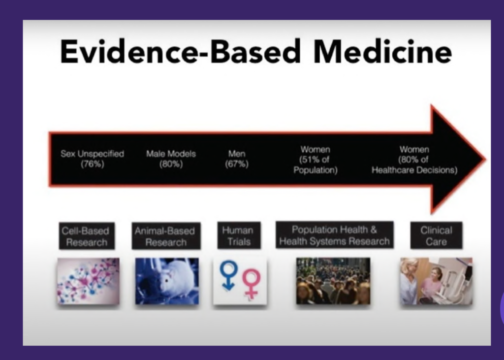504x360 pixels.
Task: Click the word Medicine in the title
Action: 382,52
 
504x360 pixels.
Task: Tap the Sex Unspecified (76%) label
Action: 92,159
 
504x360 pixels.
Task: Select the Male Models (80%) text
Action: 171,159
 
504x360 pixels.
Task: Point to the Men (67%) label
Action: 237,159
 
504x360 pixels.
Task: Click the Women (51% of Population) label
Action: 315,160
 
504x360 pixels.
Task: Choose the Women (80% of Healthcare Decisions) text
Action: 414,160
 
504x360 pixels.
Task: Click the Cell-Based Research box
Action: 87,236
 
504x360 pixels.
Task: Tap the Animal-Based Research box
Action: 166,236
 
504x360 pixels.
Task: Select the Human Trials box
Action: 239,235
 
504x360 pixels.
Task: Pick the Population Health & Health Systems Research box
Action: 334,235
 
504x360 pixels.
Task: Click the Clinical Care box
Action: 436,235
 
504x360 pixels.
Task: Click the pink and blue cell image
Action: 88,281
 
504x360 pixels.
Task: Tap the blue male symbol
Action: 228,275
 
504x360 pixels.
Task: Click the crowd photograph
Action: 333,281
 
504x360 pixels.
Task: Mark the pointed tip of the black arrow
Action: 485,159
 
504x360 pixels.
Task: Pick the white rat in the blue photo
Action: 170,279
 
